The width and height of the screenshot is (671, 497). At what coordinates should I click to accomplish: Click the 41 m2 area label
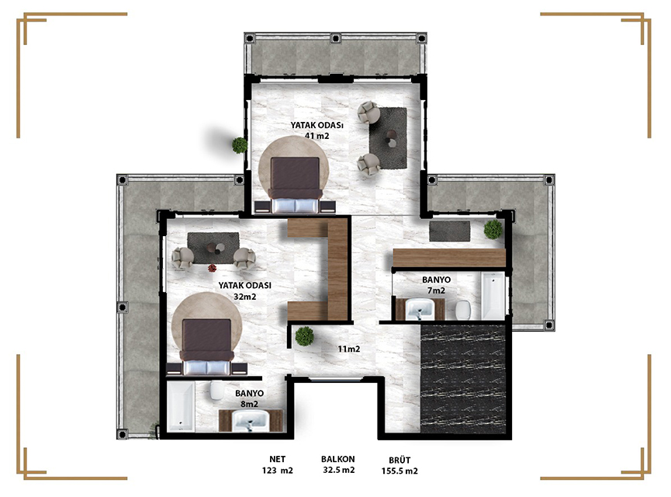tap(316, 136)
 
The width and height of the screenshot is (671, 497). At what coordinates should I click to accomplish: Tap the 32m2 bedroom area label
tap(245, 297)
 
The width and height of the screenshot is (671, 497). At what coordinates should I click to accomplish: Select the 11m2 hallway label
tap(349, 349)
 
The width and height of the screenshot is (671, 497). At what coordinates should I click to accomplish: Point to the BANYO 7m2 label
tap(436, 285)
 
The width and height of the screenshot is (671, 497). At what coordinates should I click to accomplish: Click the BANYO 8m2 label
tap(249, 398)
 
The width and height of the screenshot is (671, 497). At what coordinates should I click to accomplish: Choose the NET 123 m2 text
tap(277, 465)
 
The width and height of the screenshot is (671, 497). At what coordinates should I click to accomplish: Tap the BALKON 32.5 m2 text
tap(338, 464)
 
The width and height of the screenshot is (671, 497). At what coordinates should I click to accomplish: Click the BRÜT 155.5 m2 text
tap(399, 466)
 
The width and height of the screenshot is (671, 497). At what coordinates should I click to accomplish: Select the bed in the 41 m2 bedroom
tap(295, 185)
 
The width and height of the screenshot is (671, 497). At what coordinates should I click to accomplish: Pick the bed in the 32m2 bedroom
tap(206, 347)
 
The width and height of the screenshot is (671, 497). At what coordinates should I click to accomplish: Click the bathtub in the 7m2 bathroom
tap(493, 296)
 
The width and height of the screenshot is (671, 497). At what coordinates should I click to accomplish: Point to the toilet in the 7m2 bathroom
tap(463, 310)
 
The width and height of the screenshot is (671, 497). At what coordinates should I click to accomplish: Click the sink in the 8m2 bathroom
tap(251, 420)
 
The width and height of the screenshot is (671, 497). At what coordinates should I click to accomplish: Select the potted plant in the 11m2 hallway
tap(305, 336)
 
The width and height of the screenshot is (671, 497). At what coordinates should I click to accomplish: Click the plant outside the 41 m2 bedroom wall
tap(240, 145)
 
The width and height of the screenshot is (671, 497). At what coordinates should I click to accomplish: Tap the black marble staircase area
tap(463, 379)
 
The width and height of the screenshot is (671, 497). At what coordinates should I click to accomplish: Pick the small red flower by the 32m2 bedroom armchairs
tap(213, 268)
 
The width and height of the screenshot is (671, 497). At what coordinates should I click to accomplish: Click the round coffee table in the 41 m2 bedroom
tap(391, 139)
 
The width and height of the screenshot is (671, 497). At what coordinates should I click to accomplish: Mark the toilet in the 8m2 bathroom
tap(217, 391)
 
